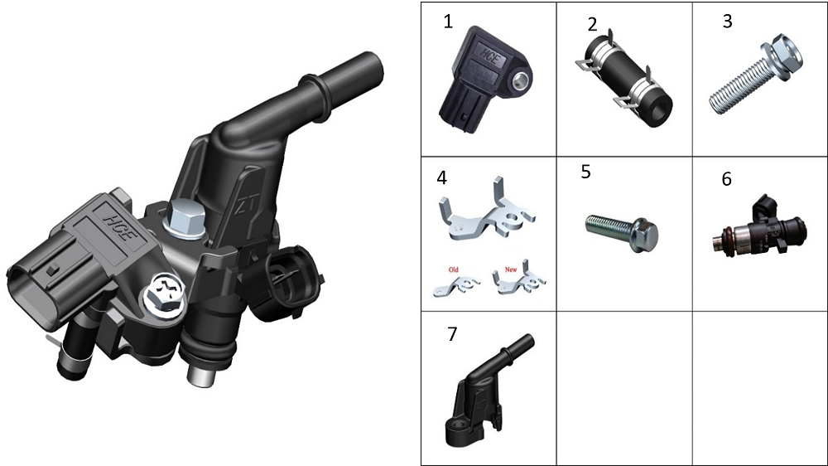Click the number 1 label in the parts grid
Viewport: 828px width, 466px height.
tap(448, 22)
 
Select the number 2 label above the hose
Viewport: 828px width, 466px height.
tap(592, 24)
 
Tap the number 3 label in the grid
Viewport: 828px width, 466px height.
tap(727, 22)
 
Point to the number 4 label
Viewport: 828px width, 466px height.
tap(442, 177)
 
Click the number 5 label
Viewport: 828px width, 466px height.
tap(585, 172)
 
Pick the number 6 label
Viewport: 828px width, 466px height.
tap(727, 179)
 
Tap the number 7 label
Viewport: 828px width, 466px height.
tap(452, 334)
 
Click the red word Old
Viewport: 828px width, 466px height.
tap(454, 269)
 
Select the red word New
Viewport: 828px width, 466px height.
tap(511, 269)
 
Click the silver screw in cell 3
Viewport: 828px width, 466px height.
tap(755, 74)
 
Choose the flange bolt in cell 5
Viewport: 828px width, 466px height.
tap(622, 232)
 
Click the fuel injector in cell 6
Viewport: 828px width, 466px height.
tap(759, 227)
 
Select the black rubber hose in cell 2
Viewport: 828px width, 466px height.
tap(623, 78)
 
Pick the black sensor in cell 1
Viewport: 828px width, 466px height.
tap(484, 80)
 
